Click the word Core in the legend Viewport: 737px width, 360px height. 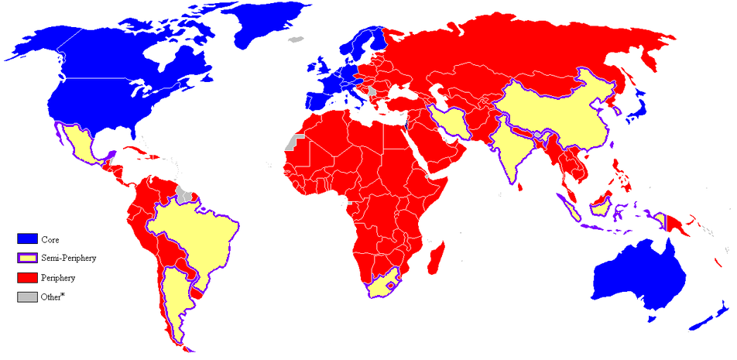pyautogui.click(x=51, y=240)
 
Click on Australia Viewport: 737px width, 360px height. pyautogui.click(x=639, y=279)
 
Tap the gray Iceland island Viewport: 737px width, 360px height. pyautogui.click(x=294, y=39)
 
